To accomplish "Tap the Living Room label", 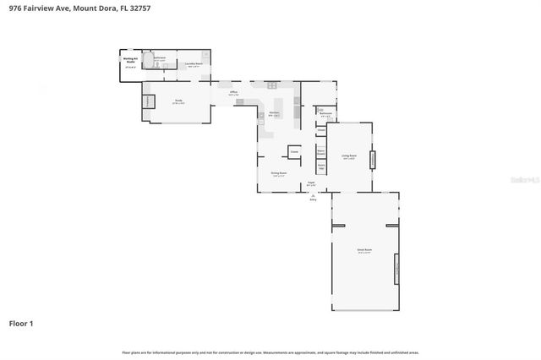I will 348,156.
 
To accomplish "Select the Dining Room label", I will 279,173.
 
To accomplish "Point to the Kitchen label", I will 274,113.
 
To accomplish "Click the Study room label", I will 179,101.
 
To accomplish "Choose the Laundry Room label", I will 193,63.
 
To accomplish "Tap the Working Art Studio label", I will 131,61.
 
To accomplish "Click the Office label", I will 232,92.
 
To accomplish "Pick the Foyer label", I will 310,183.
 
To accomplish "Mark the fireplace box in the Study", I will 148,101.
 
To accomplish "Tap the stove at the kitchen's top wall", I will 272,85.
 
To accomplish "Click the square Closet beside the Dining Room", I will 294,152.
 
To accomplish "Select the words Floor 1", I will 22,324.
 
